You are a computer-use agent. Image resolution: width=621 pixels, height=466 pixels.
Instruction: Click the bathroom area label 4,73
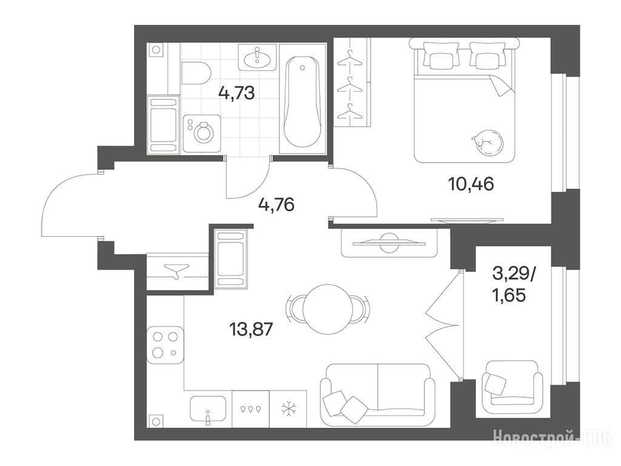tap(237, 93)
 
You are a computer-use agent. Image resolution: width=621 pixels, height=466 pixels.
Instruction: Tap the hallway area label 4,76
tap(276, 205)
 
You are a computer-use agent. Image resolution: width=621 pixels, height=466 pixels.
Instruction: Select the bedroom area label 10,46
tap(471, 184)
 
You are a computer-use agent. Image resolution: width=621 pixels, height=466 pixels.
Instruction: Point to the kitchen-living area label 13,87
tap(251, 329)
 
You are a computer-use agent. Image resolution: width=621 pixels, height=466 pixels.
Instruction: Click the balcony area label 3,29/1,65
tap(513, 284)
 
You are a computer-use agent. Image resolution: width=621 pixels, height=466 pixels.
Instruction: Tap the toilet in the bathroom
tap(196, 73)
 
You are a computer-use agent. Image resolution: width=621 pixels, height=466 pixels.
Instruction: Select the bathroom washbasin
tap(257, 58)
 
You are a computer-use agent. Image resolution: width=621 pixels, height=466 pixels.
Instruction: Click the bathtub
tap(303, 102)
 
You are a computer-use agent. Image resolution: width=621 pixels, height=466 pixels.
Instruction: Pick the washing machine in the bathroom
tap(202, 133)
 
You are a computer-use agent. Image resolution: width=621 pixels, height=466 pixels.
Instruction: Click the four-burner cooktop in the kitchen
tap(165, 345)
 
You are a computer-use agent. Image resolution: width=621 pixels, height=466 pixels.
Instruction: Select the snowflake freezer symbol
tap(289, 409)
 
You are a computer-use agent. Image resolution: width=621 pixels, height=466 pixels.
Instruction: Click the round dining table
tap(327, 309)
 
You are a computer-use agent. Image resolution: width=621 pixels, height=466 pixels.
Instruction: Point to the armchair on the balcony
tap(514, 383)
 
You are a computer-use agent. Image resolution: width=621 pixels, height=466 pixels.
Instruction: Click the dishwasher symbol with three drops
tap(250, 408)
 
